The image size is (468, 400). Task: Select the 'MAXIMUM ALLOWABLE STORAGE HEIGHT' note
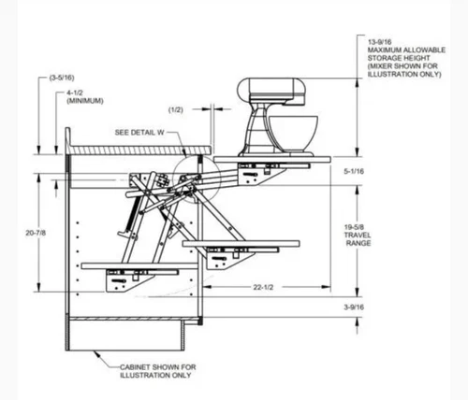click(x=401, y=60)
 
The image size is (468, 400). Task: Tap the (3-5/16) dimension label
click(x=63, y=79)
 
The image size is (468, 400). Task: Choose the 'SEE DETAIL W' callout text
click(x=139, y=133)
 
